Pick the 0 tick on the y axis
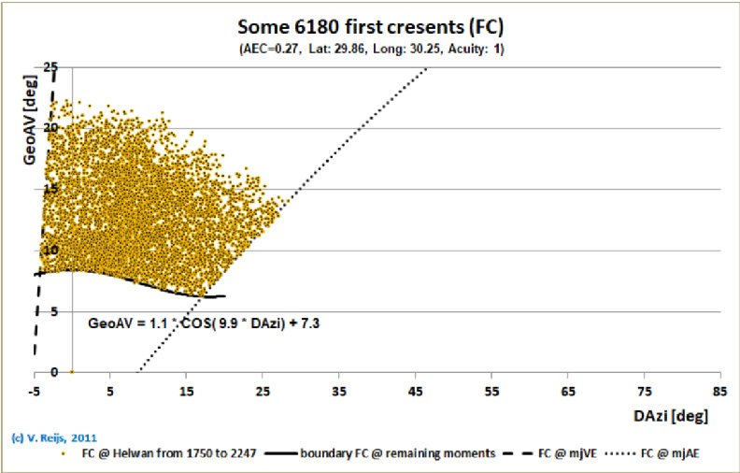26,372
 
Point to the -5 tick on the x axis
36,388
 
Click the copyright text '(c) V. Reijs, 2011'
53,437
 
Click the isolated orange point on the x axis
73,372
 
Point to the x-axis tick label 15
187,388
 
